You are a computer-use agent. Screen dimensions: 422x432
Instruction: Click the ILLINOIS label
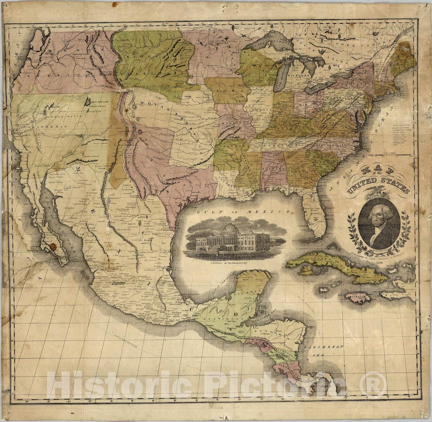coord(261,110)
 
